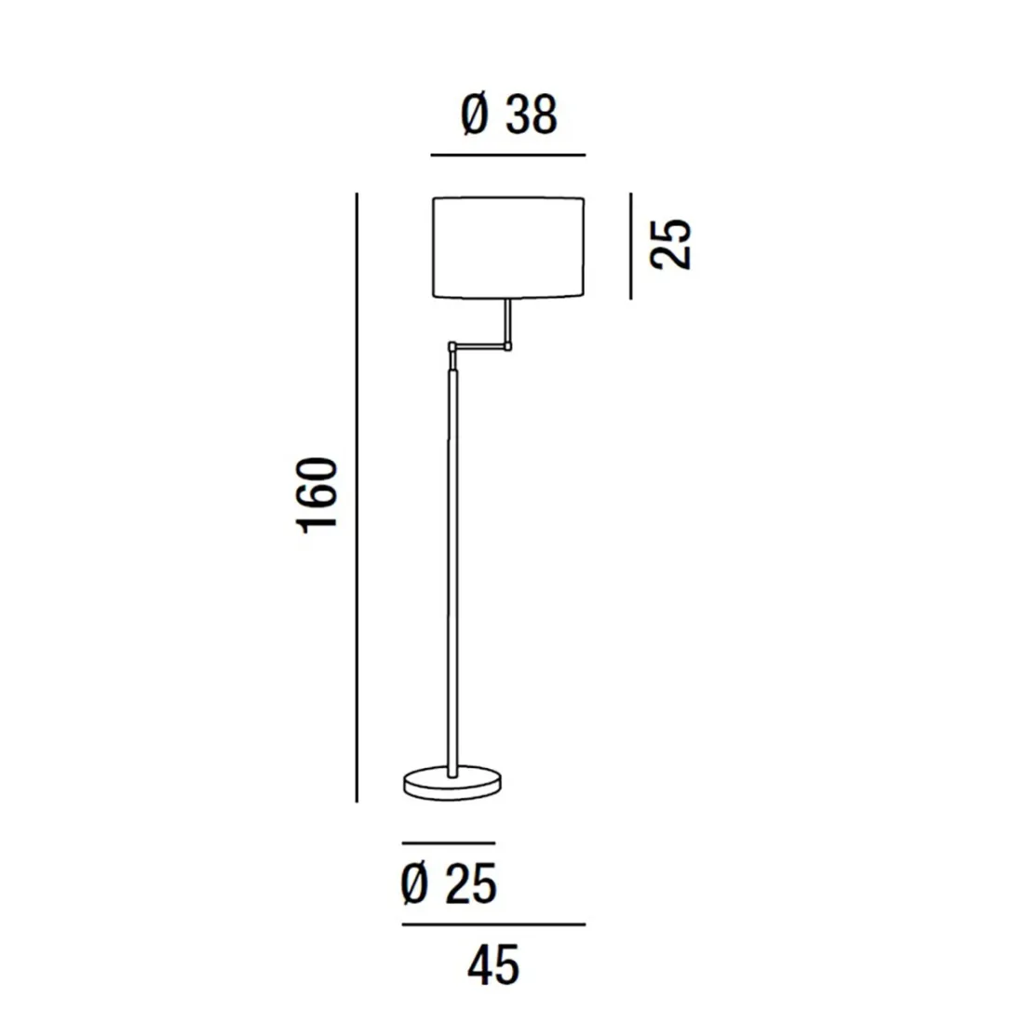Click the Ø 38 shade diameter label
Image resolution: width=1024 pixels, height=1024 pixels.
508,116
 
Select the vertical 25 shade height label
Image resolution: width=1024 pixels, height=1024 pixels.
672,245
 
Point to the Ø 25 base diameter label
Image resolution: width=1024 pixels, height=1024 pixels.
449,883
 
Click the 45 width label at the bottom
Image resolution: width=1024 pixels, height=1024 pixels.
493,965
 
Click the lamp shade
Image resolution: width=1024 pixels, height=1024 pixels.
509,247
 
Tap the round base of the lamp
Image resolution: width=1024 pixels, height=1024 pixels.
452,783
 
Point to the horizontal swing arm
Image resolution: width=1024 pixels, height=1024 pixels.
480,346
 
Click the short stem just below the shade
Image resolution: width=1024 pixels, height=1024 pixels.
508,319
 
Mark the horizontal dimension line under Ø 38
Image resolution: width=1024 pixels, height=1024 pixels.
508,155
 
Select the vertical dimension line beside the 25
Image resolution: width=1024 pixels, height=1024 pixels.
630,246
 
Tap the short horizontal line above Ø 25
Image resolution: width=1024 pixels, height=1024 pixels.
448,843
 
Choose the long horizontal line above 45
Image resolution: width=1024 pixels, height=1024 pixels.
493,924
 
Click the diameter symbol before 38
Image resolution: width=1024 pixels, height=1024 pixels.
475,116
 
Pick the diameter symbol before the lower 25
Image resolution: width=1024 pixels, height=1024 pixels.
414,883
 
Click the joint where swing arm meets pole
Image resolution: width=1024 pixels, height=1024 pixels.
451,348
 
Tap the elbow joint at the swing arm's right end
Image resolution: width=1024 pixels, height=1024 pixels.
509,345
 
